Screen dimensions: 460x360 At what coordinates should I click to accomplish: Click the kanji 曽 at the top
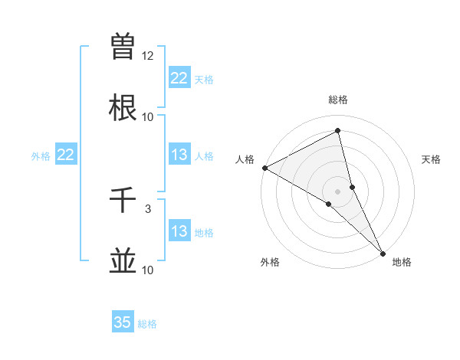123,47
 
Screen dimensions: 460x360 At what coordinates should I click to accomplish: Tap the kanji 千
123,201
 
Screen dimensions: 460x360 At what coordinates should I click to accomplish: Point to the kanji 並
123,261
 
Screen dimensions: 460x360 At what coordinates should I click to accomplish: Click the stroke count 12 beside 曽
148,56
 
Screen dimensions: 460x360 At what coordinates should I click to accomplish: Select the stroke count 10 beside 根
148,116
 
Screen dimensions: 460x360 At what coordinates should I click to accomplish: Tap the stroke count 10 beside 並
148,270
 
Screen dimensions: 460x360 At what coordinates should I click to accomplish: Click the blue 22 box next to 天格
179,78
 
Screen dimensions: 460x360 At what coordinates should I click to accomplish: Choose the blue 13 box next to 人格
179,155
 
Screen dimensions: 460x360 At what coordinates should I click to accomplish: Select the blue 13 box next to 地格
179,231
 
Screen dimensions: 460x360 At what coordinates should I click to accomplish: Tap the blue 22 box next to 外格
65,155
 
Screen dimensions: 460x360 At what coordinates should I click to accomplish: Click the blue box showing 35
123,322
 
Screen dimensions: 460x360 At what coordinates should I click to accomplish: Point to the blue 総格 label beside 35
147,324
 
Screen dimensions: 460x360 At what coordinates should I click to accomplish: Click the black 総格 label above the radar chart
338,100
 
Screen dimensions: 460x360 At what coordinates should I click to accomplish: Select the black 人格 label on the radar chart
245,159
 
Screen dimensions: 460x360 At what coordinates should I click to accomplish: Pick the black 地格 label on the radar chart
402,262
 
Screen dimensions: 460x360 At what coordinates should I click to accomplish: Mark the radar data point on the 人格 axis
264,168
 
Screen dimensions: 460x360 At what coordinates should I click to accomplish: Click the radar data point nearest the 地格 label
383,252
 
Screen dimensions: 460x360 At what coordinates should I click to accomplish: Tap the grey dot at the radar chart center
338,191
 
